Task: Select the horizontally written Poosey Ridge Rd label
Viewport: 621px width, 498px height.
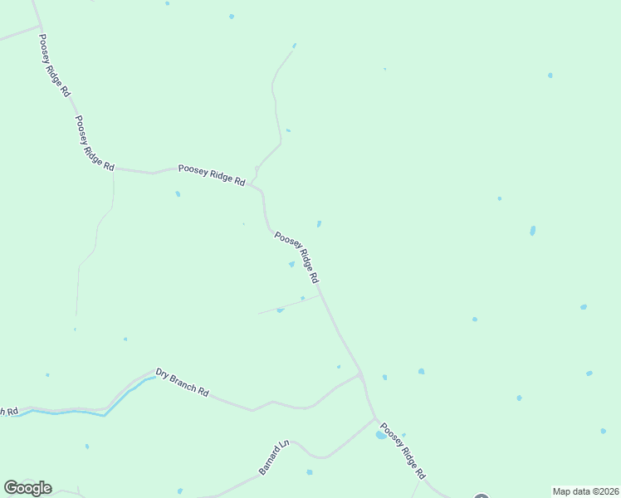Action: tap(212, 174)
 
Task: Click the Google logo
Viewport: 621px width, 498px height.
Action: tap(27, 488)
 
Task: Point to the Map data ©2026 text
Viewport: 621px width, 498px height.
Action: tap(585, 491)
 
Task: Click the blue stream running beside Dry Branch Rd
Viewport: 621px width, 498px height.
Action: tap(125, 394)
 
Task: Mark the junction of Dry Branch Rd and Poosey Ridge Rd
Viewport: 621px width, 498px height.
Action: tap(360, 374)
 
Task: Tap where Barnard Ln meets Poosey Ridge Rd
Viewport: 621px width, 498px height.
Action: tap(375, 419)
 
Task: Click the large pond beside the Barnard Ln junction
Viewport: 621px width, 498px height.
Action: tap(382, 434)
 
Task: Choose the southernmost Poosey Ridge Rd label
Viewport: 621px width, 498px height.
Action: tap(403, 454)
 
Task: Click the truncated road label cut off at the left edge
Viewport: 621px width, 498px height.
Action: tap(8, 411)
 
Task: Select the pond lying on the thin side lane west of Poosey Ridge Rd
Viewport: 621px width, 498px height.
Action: tap(280, 310)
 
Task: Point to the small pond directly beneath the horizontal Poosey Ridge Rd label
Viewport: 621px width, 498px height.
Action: tap(178, 194)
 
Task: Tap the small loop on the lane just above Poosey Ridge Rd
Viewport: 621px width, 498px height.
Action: tap(257, 173)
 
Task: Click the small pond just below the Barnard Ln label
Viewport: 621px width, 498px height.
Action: tap(309, 472)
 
